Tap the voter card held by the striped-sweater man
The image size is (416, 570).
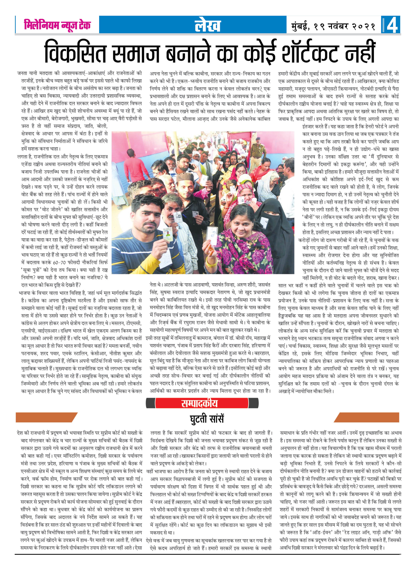point(167,234)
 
